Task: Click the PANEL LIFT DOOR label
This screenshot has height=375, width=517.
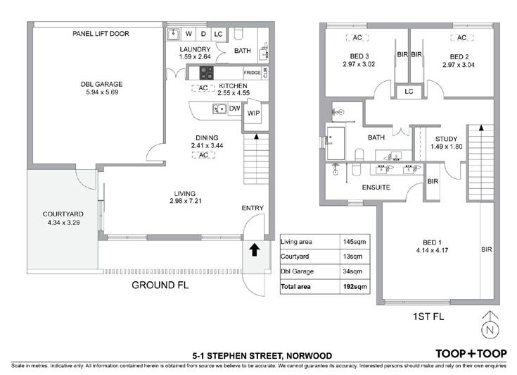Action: point(101,34)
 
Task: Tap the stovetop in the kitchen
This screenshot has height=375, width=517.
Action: point(206,73)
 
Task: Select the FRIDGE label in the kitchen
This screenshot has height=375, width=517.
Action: point(253,73)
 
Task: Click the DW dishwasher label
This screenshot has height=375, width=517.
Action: point(235,109)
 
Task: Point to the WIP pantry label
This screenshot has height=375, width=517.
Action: point(253,113)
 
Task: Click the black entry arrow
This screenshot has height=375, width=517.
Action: point(254,250)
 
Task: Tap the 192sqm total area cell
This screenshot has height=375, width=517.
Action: point(355,286)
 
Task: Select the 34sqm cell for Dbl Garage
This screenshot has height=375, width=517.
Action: point(352,271)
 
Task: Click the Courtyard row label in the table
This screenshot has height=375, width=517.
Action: point(295,257)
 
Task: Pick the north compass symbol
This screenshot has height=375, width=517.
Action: point(490,326)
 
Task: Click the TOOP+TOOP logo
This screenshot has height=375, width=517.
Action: point(471,354)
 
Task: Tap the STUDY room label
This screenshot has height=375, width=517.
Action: point(446,139)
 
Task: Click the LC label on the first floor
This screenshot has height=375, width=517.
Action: point(409,92)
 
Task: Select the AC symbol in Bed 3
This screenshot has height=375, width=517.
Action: point(357,37)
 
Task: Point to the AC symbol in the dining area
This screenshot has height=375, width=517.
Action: point(203,154)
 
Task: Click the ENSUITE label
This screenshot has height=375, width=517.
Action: point(376,187)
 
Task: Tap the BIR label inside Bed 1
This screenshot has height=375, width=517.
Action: point(487,250)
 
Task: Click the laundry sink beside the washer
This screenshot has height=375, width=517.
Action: point(173,34)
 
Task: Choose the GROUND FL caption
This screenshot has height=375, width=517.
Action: point(160,285)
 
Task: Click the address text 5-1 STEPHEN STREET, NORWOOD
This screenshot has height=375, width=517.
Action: point(262,356)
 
